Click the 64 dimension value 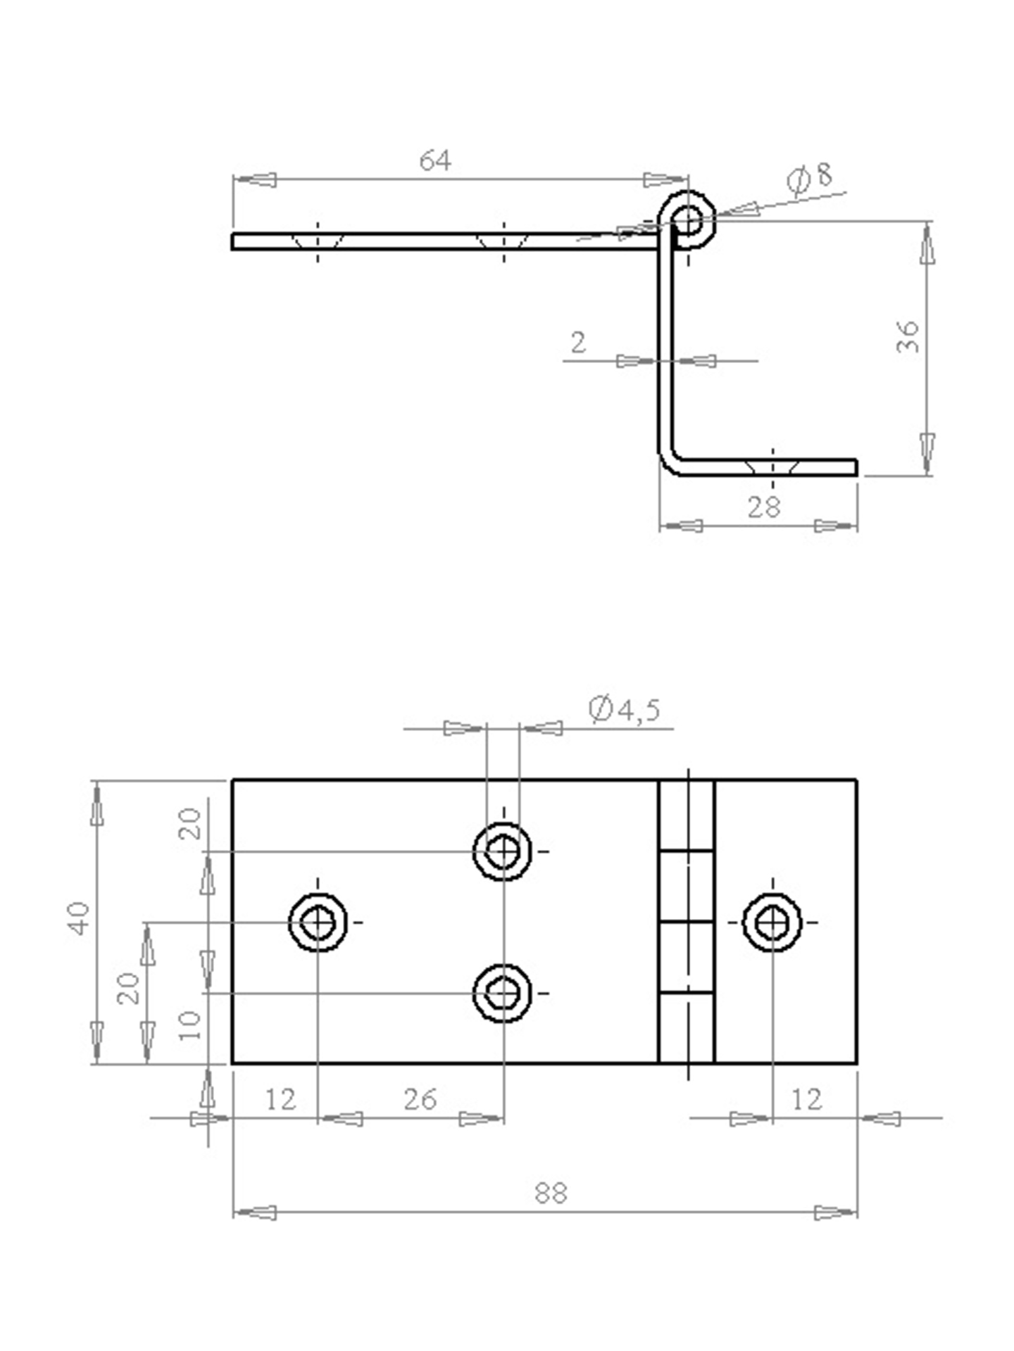434,160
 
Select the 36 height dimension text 908,336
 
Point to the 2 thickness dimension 577,343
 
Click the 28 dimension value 764,507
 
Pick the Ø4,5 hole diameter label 625,709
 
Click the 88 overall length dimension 550,1193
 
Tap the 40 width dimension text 78,918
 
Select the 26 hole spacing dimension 420,1098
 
